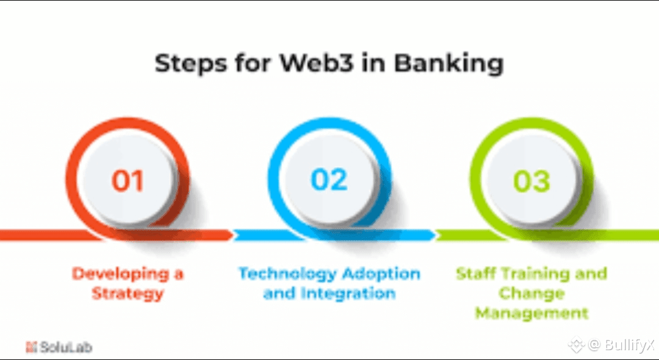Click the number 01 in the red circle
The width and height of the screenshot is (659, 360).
[128, 181]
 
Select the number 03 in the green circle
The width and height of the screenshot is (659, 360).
[531, 181]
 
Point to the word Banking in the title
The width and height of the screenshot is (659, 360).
[448, 64]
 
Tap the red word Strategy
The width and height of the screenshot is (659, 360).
[128, 293]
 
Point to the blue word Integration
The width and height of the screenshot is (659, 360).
[347, 293]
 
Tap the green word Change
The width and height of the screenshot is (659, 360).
[531, 293]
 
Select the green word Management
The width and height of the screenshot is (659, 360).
[531, 314]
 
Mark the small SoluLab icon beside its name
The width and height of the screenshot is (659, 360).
[31, 348]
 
